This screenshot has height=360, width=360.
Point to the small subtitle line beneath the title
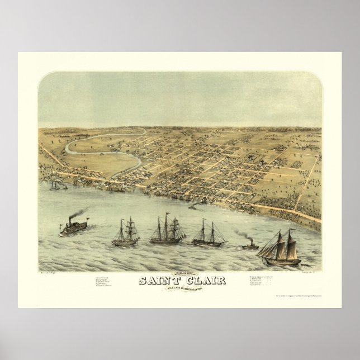181,289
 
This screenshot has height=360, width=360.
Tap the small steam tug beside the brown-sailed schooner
249,245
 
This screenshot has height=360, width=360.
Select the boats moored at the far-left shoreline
56,185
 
